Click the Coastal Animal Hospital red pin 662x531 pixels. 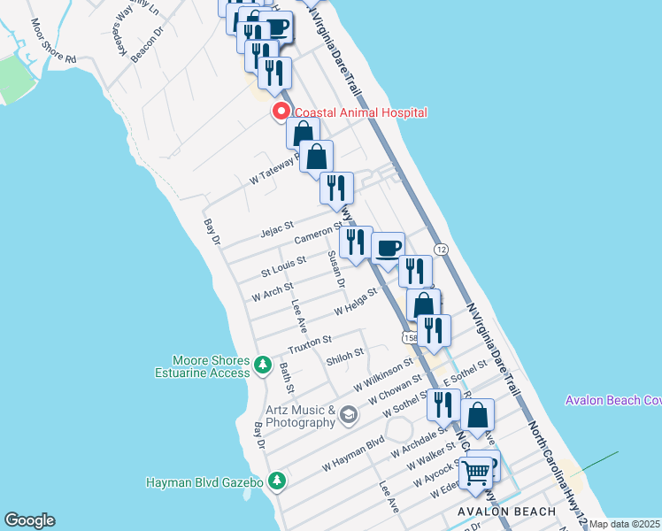click(x=281, y=112)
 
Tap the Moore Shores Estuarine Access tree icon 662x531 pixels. click(x=262, y=365)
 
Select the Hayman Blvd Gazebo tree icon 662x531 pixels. click(x=278, y=481)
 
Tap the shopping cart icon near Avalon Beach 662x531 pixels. click(x=476, y=473)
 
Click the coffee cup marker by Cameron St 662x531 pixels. click(x=388, y=248)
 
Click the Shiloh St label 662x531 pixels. click(x=345, y=353)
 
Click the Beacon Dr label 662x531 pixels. click(x=148, y=44)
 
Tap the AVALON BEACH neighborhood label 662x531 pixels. click(x=507, y=512)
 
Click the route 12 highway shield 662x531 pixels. click(x=441, y=251)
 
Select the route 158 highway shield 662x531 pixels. click(x=410, y=338)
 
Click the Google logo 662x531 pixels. click(x=29, y=520)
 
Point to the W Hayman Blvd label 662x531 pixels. click(x=353, y=453)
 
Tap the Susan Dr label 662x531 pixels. click(x=335, y=269)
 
